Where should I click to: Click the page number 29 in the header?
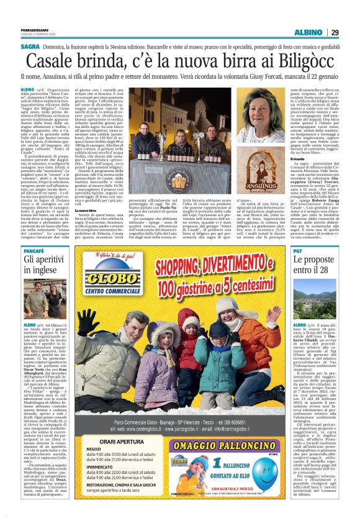pyautogui.click(x=335, y=32)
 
